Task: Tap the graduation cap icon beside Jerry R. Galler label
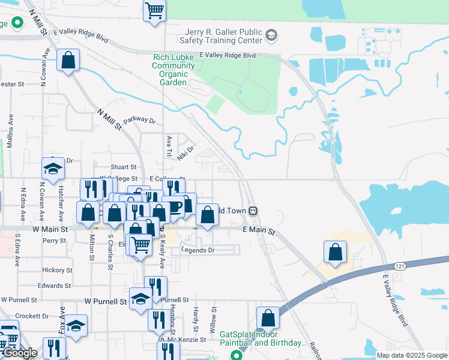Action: point(271,35)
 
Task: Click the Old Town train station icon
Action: point(255,211)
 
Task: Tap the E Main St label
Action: point(259,231)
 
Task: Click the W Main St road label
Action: point(50,229)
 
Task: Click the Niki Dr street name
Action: point(186,153)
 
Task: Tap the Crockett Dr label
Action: point(32,316)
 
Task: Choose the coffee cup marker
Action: point(173,206)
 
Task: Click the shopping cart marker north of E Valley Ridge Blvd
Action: point(155,10)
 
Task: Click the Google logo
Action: point(20,353)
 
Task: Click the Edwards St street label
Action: point(54,286)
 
